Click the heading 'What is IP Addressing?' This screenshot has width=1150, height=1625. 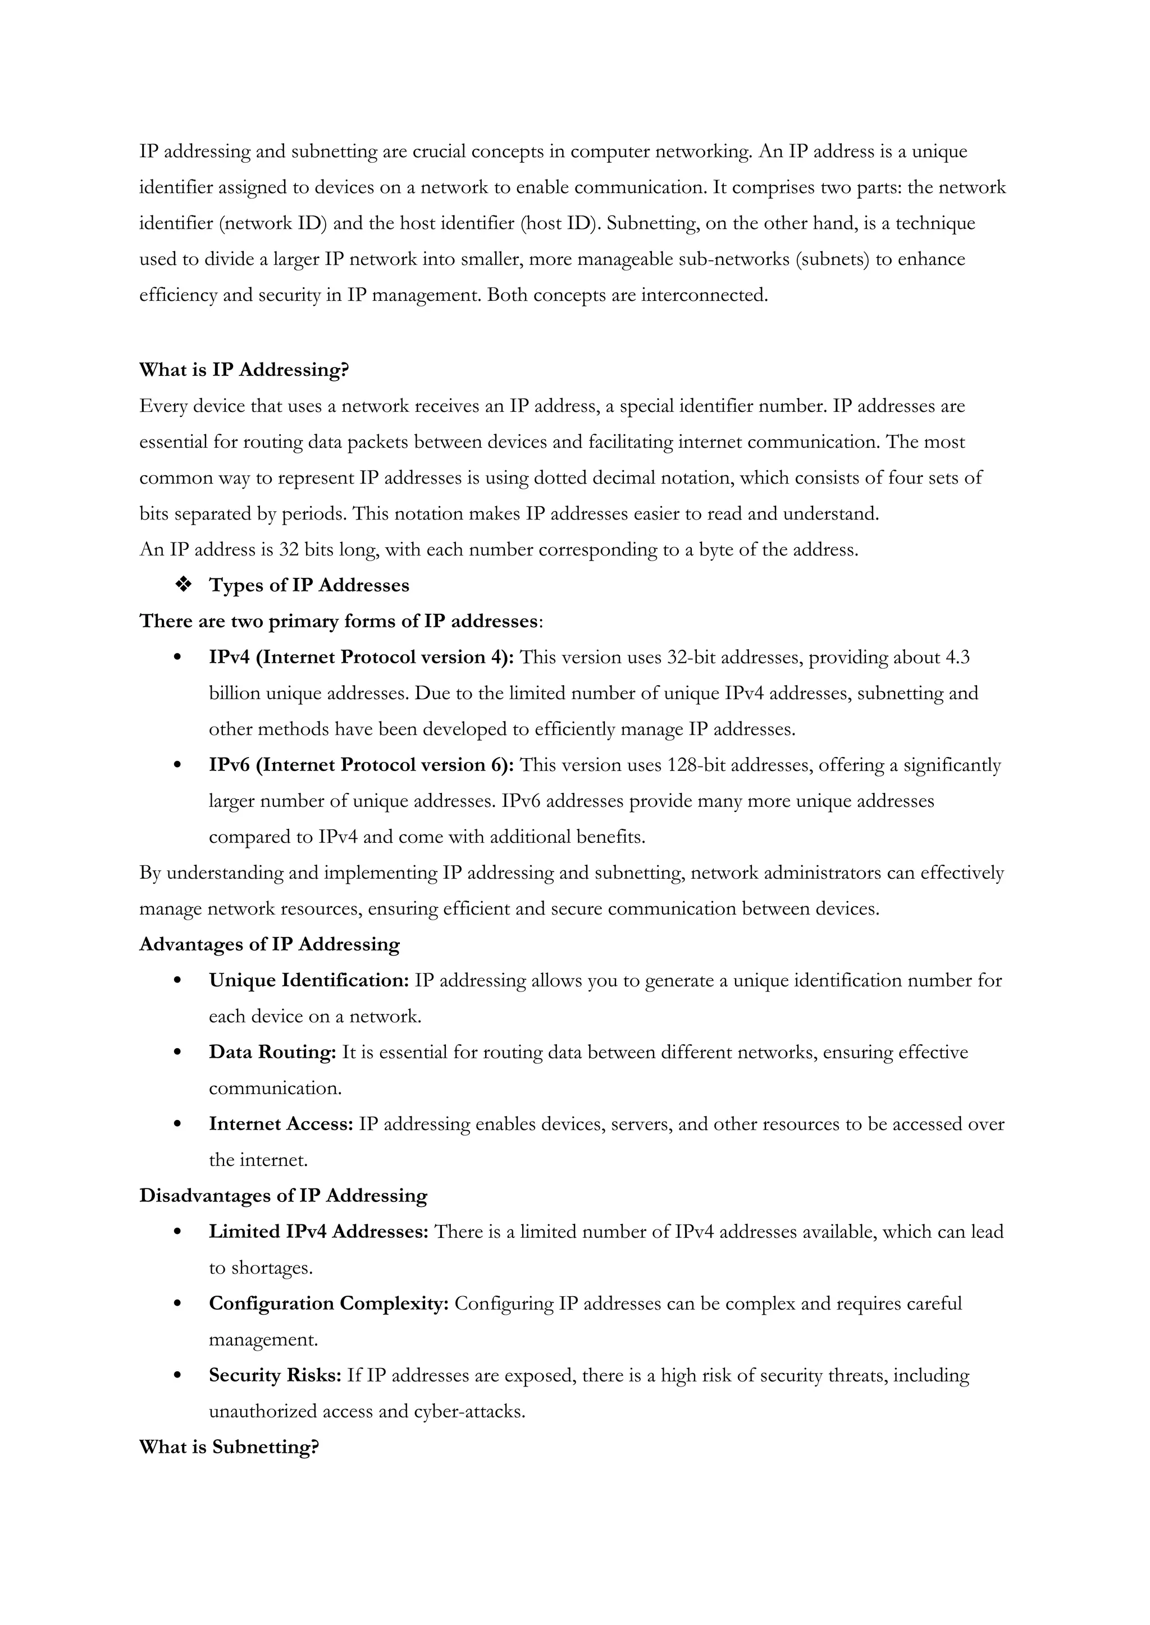click(x=244, y=370)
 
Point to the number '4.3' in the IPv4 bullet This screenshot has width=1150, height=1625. click(x=957, y=658)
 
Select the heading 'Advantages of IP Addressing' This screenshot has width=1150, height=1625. click(x=269, y=945)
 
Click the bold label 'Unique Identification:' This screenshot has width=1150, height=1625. click(x=309, y=981)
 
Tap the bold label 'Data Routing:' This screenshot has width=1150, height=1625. click(x=272, y=1053)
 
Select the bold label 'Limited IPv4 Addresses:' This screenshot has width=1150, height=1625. click(x=318, y=1232)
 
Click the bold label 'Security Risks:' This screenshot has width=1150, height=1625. click(x=275, y=1375)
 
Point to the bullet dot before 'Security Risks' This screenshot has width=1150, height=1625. click(x=178, y=1376)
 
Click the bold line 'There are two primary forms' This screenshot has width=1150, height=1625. click(x=339, y=621)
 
